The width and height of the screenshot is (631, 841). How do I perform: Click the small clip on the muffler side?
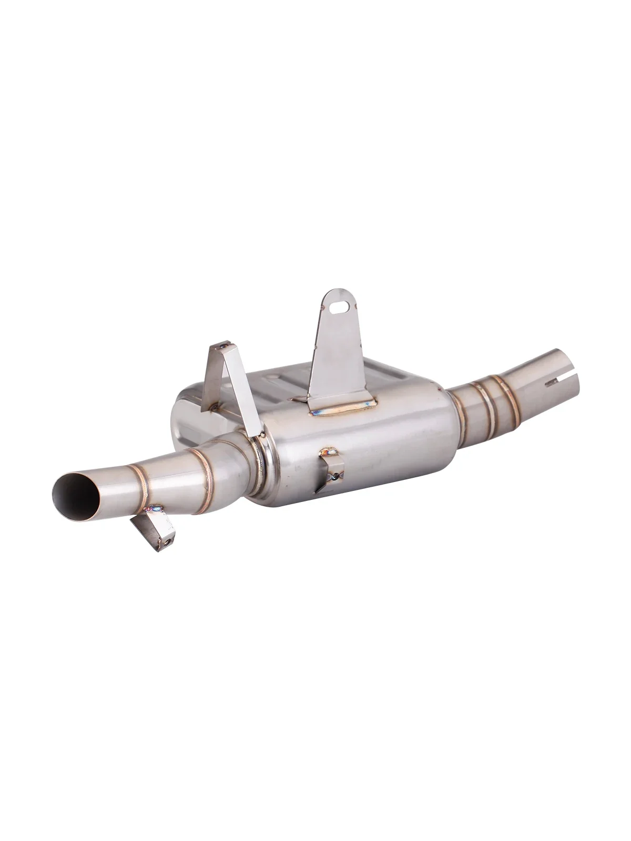pos(331,470)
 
